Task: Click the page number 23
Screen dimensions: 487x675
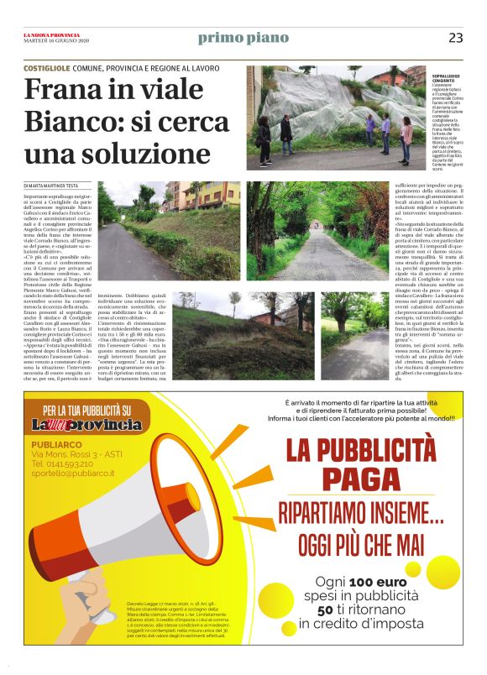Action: pyautogui.click(x=456, y=37)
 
